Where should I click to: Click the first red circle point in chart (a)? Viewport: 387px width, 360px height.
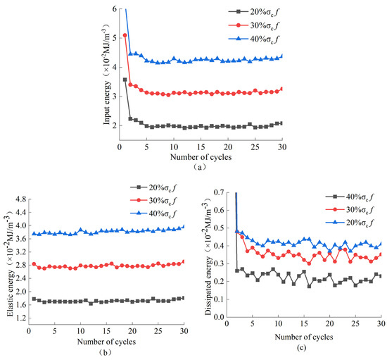(125, 35)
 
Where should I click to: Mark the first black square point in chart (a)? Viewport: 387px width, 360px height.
(125, 80)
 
